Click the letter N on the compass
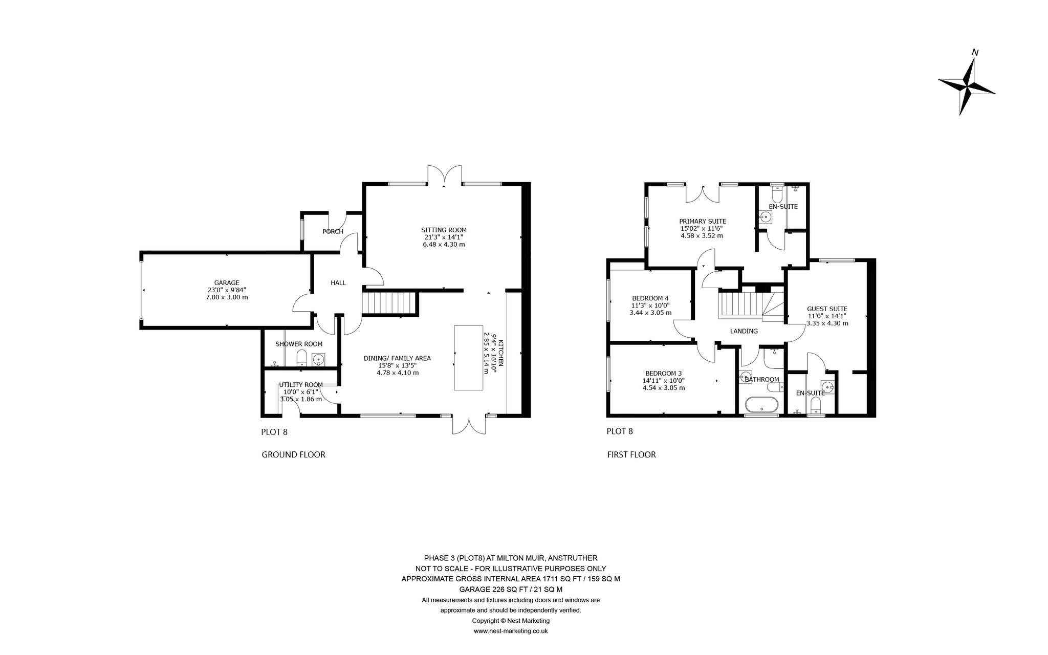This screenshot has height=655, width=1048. (x=975, y=52)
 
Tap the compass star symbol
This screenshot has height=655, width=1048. (x=967, y=86)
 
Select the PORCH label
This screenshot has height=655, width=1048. (x=333, y=232)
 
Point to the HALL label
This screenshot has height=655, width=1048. (x=338, y=283)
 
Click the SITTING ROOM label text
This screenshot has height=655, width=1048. (x=444, y=230)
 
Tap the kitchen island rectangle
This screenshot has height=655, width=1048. (x=469, y=358)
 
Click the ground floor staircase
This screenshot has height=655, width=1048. (x=390, y=302)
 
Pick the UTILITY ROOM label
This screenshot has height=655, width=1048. (x=301, y=385)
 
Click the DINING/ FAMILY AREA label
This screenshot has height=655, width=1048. (x=397, y=358)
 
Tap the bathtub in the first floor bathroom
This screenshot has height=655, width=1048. (x=762, y=406)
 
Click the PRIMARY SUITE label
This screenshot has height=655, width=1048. (x=703, y=221)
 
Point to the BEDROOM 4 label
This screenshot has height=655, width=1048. (x=650, y=298)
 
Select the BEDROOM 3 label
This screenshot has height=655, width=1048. (x=663, y=373)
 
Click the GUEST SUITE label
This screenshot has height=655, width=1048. (x=827, y=309)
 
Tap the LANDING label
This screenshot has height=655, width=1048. (x=744, y=331)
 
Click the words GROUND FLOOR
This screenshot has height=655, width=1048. (x=293, y=454)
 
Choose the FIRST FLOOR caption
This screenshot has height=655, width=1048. (x=631, y=454)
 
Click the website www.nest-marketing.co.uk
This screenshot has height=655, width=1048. (x=511, y=631)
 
